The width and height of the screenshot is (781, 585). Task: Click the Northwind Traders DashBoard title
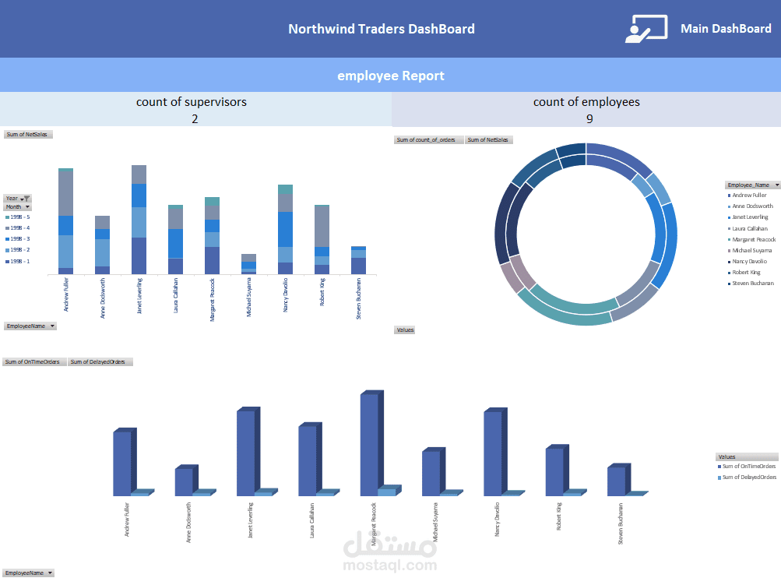pos(381,29)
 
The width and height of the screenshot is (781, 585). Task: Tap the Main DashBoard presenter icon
pos(646,28)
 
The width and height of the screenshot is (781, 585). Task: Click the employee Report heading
pos(390,76)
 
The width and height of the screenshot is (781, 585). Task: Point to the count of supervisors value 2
pos(195,118)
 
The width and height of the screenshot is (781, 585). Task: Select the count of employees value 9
pos(589,118)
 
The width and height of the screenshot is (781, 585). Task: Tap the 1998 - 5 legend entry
pos(18,217)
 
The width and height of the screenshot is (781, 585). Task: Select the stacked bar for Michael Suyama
pos(248,264)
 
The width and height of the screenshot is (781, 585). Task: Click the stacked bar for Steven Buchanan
pos(358,260)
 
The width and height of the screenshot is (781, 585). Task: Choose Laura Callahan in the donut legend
pos(749,228)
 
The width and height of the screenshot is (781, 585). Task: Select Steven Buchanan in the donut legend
pos(752,283)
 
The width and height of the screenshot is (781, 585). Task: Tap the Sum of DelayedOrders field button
pos(100,361)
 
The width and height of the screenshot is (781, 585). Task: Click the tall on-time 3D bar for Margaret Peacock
pos(369,444)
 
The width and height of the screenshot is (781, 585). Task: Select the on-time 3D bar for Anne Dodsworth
pos(184,481)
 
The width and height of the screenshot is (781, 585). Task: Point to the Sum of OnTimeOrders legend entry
pos(749,466)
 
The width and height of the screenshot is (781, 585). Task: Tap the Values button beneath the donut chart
pos(405,330)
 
